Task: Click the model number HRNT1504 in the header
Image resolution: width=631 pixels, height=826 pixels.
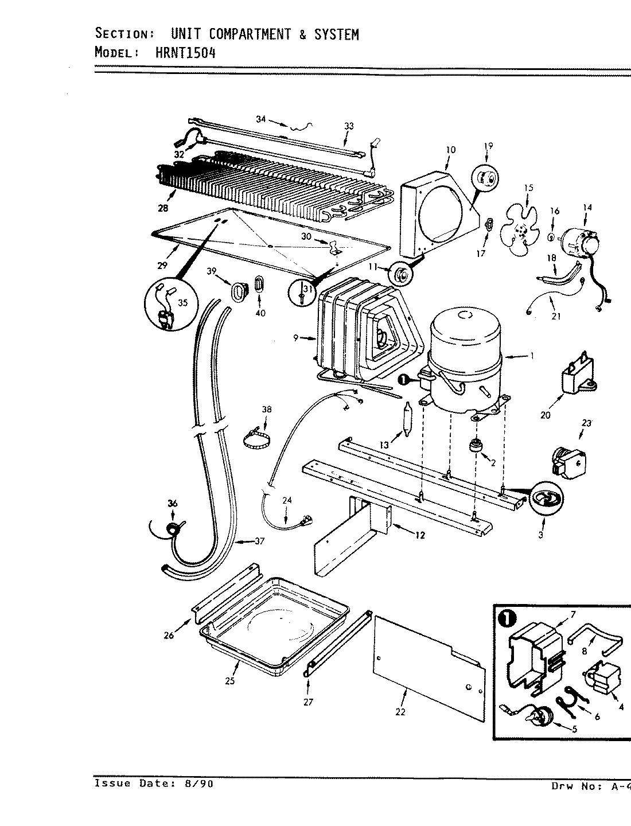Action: tap(186, 52)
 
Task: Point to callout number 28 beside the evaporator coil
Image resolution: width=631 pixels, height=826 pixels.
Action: tap(163, 208)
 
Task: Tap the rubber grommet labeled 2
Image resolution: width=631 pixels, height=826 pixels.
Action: tap(475, 446)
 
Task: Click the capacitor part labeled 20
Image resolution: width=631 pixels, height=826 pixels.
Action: tap(577, 379)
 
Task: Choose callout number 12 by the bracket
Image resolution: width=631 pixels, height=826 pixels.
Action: tap(420, 535)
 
